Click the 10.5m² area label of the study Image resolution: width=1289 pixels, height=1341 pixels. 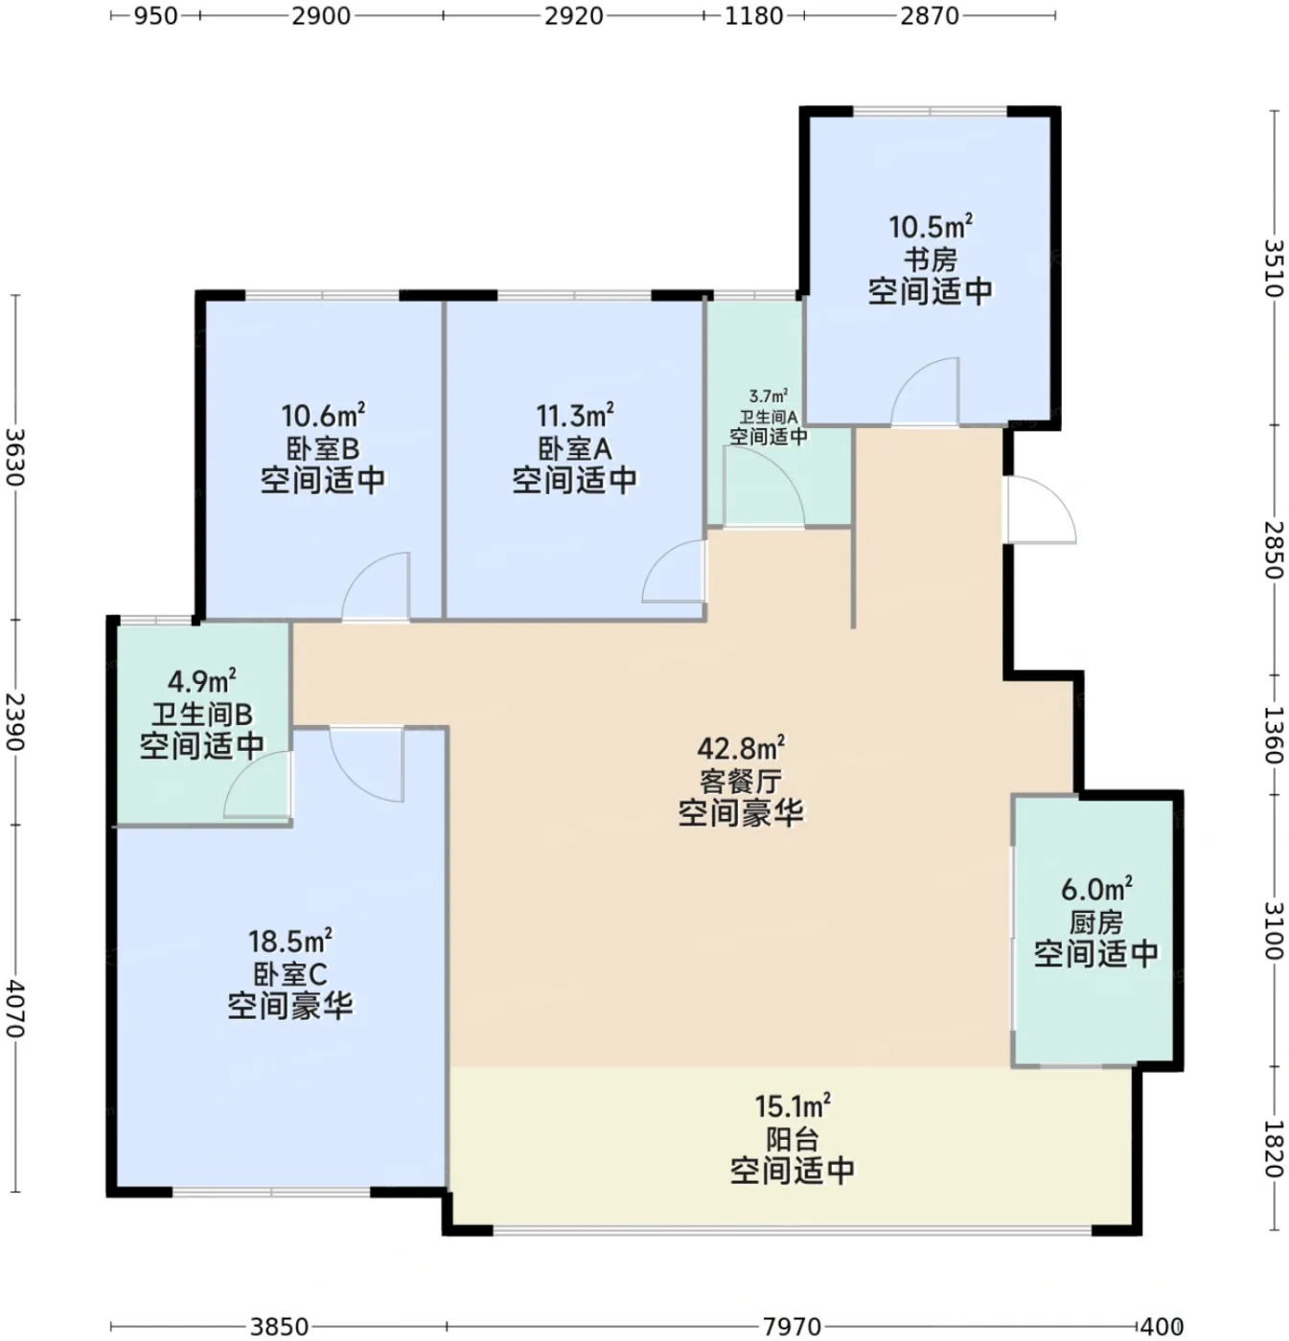coord(931,227)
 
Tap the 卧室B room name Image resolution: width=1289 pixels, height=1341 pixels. coord(323,449)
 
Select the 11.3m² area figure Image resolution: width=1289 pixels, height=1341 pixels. coord(575,416)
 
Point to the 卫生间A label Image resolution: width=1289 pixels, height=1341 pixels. coord(768,417)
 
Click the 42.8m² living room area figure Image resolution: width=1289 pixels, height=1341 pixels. coord(741,748)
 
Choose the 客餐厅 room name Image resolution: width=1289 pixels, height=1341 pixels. coord(741,781)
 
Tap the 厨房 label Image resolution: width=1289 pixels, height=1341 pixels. coord(1096,922)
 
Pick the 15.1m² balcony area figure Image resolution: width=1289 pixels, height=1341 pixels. coord(793,1106)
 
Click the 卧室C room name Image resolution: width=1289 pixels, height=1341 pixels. coord(290,974)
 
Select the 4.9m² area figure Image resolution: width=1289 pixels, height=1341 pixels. coord(202,682)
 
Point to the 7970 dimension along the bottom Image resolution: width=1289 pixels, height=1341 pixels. coord(792,1326)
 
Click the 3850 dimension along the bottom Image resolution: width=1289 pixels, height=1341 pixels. coord(279,1326)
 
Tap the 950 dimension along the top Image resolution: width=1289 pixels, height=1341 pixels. coord(156,15)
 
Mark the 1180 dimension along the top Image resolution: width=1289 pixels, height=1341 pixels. coord(753,15)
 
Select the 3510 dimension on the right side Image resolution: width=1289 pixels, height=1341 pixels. coord(1274,267)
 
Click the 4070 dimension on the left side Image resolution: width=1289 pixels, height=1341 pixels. coord(15,1009)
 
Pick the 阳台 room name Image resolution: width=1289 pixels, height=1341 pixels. coord(793,1140)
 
